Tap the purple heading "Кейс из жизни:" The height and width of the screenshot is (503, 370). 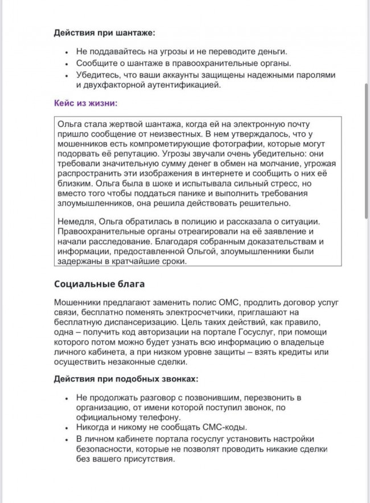pos(85,103)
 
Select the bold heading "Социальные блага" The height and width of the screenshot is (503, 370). pos(100,284)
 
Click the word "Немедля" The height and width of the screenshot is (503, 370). pos(76,221)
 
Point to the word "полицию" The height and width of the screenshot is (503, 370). pos(195,221)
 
